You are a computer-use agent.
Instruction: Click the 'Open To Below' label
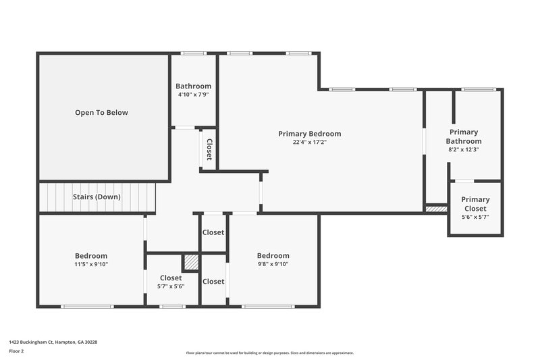point(101,113)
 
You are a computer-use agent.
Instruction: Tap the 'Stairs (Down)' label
point(97,197)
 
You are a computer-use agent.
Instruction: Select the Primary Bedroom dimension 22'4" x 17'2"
point(309,143)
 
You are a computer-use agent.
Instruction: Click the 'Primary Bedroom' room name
point(309,134)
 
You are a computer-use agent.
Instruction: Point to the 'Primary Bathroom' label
point(464,136)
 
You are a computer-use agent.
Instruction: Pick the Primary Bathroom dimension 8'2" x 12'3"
point(464,150)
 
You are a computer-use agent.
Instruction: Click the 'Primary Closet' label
point(475,204)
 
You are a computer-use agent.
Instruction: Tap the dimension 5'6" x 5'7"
point(475,217)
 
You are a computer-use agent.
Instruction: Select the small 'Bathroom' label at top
point(193,86)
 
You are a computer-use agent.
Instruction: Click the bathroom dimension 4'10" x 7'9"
point(193,95)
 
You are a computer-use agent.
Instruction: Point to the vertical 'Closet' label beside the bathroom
point(209,149)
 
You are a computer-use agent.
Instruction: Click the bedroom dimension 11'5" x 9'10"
point(91,265)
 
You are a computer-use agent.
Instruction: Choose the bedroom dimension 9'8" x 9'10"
point(273,265)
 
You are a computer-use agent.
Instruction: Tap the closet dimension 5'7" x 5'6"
point(171,286)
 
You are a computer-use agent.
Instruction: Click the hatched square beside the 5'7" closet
point(191,262)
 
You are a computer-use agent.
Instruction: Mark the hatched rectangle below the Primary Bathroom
point(437,209)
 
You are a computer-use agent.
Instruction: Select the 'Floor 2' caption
point(16,352)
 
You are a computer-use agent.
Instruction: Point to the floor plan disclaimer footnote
point(269,353)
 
